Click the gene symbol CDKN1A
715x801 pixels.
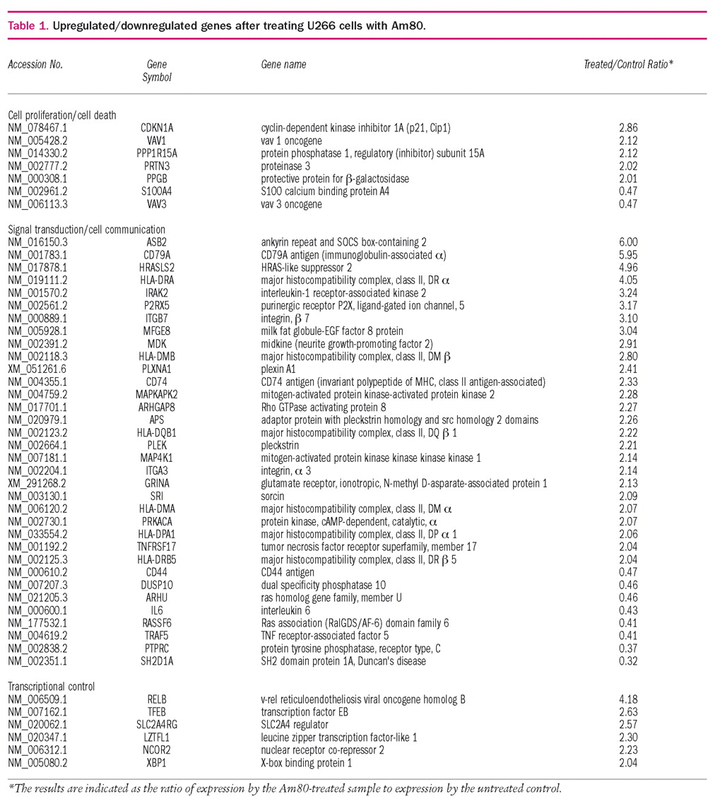click(x=157, y=128)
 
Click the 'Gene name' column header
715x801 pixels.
click(x=283, y=64)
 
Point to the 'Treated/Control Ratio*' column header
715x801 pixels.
click(x=627, y=64)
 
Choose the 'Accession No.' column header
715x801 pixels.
click(x=35, y=64)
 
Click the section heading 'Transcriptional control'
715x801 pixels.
click(x=51, y=687)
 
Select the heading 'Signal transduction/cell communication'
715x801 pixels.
click(x=86, y=230)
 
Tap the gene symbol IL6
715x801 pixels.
click(x=157, y=610)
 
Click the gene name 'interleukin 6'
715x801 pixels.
click(x=285, y=610)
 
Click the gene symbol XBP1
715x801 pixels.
click(x=157, y=763)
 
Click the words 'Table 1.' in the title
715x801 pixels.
click(x=28, y=26)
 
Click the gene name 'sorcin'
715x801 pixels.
click(x=273, y=496)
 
